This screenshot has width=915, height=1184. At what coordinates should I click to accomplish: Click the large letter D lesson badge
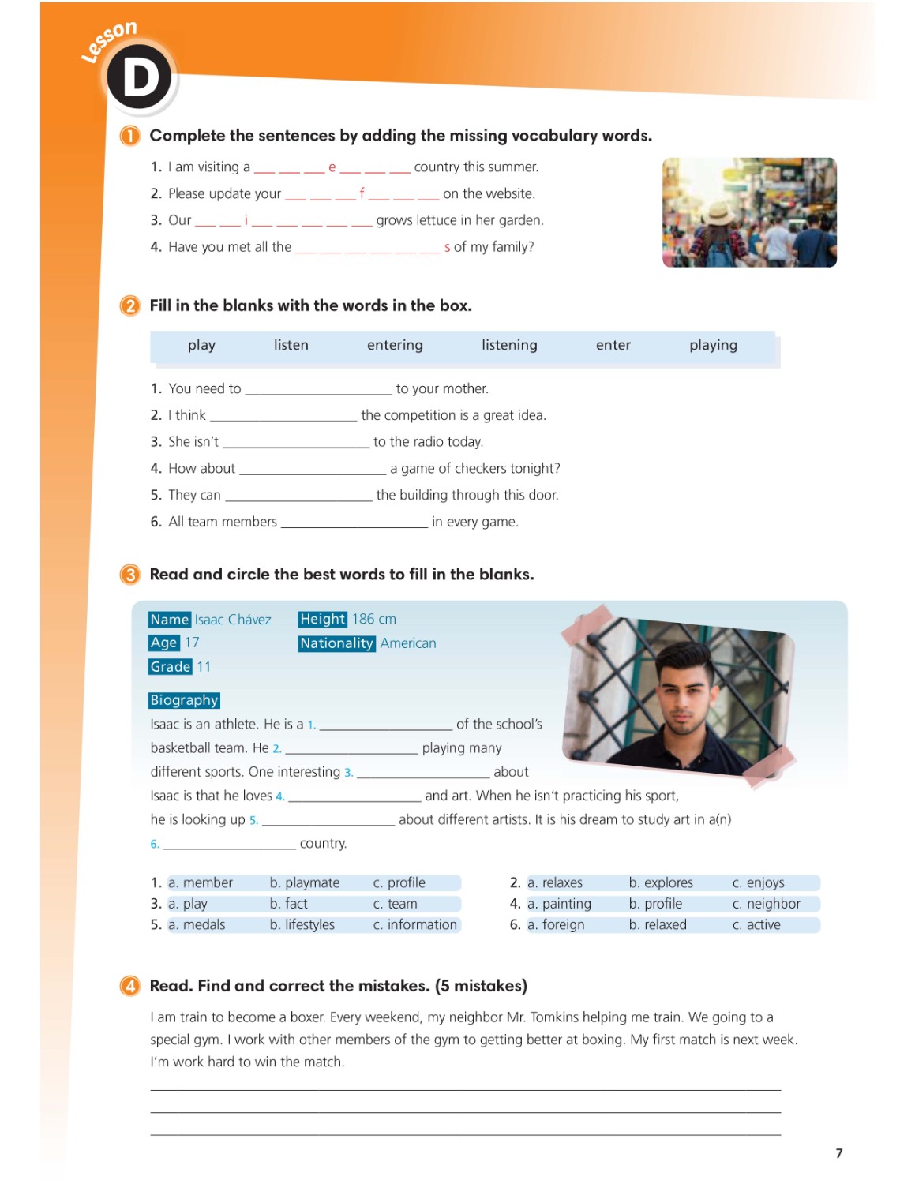[x=139, y=77]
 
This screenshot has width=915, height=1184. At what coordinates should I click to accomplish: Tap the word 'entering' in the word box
[x=395, y=345]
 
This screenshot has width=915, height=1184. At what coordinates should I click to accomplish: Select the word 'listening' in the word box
[x=509, y=345]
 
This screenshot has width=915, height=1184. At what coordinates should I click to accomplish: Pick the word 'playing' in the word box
[x=713, y=345]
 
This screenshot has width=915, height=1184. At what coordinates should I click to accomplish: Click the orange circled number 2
[x=129, y=305]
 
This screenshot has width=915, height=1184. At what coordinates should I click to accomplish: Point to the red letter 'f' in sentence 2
[x=362, y=193]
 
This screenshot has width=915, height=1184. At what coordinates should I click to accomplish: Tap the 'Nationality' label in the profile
[x=336, y=643]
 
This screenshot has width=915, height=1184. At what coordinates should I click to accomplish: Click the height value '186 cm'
[x=374, y=619]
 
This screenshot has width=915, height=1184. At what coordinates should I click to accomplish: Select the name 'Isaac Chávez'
[x=233, y=620]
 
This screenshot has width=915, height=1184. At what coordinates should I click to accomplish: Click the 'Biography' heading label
[x=184, y=700]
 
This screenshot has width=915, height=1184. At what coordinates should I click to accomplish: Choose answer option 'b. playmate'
[x=305, y=882]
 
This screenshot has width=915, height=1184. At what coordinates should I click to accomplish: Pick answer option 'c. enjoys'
[x=758, y=882]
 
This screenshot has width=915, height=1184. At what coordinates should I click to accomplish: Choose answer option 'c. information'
[x=415, y=924]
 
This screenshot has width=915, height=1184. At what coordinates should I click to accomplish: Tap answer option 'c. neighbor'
[x=766, y=904]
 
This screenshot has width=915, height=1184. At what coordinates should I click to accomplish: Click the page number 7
[x=839, y=1153]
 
